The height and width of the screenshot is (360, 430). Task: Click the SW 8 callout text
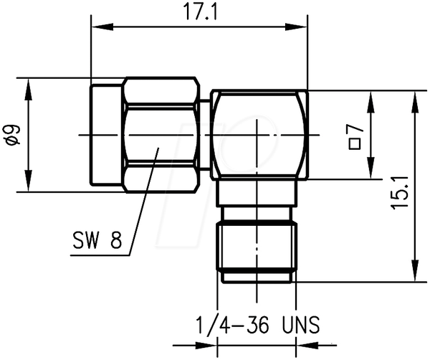click(97, 240)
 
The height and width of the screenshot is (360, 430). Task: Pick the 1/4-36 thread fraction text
click(232, 325)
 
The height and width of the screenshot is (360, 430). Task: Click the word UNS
click(301, 325)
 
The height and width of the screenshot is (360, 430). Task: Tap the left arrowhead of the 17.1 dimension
click(102, 27)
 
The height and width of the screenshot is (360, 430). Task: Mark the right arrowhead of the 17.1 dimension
click(297, 27)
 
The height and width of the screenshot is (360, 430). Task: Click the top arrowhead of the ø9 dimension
click(28, 90)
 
